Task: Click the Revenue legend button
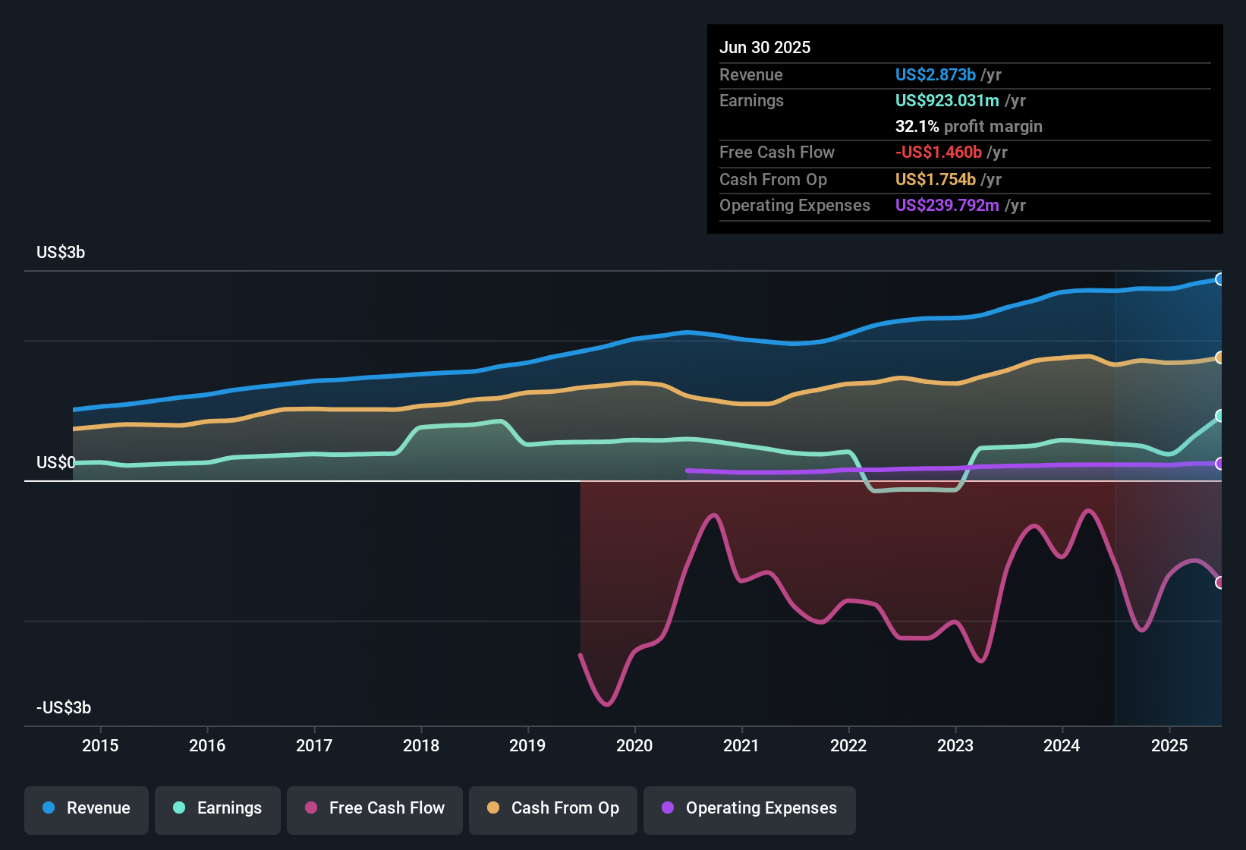coord(87,808)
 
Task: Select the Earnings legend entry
coord(218,808)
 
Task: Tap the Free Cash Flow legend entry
coord(375,808)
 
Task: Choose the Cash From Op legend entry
coord(553,808)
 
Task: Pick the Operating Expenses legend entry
coord(750,808)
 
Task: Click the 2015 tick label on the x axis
coord(100,746)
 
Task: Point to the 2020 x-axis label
coord(634,746)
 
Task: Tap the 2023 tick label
coord(955,746)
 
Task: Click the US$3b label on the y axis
coord(61,253)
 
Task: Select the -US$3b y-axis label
coord(64,708)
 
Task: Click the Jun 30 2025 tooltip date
coord(765,48)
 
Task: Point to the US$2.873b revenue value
coord(935,75)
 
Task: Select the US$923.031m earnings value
coord(947,101)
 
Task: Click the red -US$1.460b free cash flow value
coord(938,153)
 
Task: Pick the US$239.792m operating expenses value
coord(947,206)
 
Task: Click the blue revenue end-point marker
coord(1219,279)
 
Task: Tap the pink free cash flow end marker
coord(1219,583)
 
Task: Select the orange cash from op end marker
coord(1219,357)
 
